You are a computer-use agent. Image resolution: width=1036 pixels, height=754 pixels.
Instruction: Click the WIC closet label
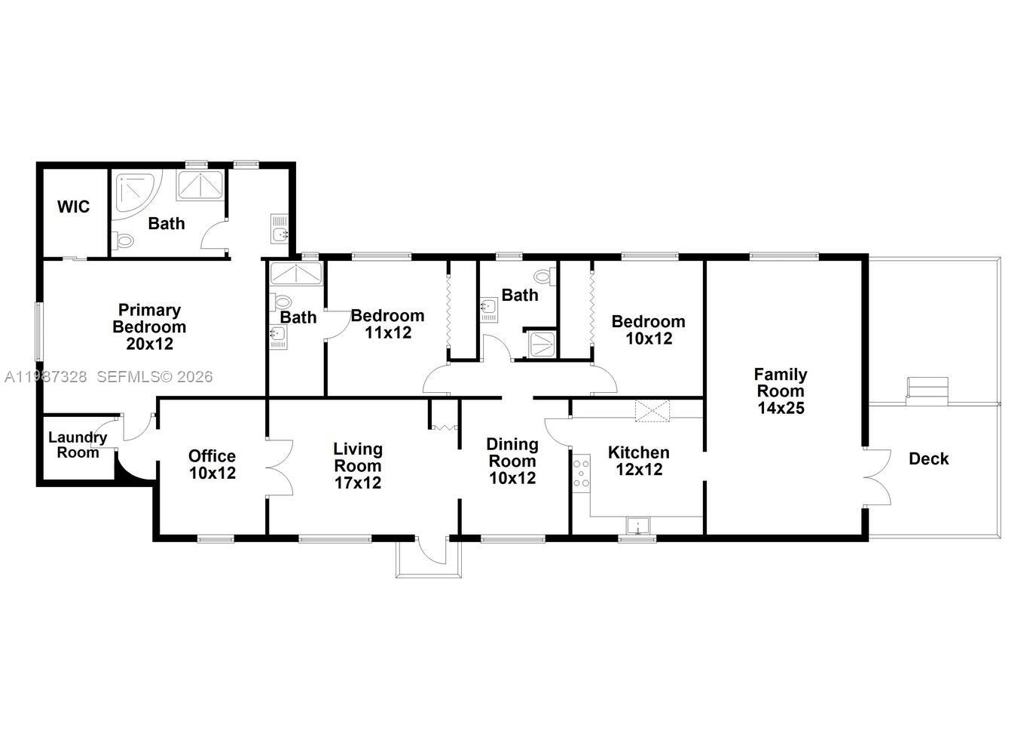(73, 207)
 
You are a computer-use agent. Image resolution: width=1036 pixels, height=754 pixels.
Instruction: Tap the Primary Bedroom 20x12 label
(149, 326)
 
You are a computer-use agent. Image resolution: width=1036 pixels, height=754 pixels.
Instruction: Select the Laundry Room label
(78, 445)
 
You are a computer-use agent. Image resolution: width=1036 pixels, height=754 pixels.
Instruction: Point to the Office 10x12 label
(212, 464)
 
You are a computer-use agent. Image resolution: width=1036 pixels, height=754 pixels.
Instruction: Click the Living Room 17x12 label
(358, 466)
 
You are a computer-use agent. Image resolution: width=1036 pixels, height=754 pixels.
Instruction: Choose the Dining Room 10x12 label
(512, 461)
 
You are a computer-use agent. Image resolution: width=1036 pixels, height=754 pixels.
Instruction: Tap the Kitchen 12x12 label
(638, 461)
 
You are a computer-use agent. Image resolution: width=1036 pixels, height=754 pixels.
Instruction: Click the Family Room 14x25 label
(781, 391)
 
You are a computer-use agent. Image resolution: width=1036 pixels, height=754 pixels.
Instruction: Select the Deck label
(928, 458)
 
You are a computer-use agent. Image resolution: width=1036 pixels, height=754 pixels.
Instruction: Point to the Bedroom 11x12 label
(387, 323)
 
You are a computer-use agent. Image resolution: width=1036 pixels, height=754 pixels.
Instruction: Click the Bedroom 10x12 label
(648, 329)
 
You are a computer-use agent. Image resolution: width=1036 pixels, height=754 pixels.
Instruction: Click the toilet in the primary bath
(123, 241)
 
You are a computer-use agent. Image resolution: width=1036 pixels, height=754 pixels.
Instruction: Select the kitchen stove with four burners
(581, 473)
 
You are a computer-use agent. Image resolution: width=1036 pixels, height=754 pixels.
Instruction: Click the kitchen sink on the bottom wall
(637, 526)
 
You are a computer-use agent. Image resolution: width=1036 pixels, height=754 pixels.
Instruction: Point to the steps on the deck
(927, 388)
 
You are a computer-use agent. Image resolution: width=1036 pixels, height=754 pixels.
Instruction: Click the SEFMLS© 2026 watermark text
(154, 376)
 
